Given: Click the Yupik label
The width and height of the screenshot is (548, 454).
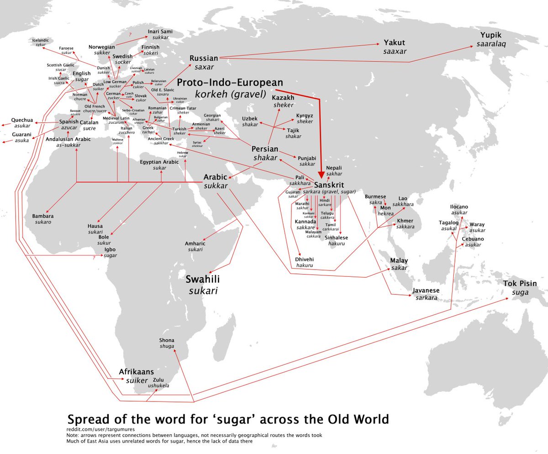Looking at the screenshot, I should tap(491, 35).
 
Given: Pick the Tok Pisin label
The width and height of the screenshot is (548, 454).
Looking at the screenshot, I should tap(520, 283).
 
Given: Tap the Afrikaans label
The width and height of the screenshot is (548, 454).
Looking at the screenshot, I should tap(137, 372).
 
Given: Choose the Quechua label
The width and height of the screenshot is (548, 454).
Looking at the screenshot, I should tap(22, 120).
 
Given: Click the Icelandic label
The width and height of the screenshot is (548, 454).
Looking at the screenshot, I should tap(40, 40).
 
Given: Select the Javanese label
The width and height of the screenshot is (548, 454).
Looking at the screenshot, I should tap(426, 290).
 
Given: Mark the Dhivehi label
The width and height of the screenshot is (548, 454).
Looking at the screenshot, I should tap(304, 259).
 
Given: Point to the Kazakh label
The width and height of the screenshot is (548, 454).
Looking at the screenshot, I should tap(283, 98).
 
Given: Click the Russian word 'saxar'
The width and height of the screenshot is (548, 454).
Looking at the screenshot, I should tap(204, 67).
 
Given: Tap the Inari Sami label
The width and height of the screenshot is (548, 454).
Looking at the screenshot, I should tap(160, 32).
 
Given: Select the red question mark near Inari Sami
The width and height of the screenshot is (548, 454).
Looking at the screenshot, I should tap(130, 35).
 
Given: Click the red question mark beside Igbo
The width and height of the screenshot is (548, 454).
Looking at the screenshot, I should tap(93, 258).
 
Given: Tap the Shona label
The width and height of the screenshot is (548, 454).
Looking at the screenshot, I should tap(167, 340).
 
